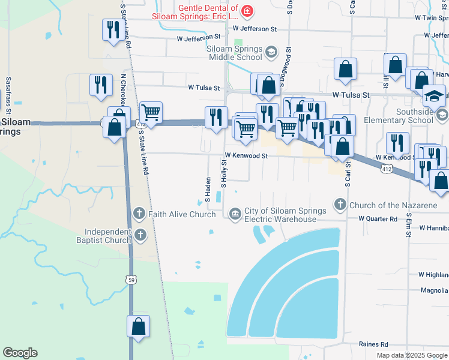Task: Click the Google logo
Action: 20,353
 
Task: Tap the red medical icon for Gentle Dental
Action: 247,11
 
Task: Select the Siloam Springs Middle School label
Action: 235,53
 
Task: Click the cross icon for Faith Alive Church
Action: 139,214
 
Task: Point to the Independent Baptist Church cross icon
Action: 140,235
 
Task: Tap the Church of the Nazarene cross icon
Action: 340,205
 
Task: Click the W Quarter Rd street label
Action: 378,219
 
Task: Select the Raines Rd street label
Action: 373,344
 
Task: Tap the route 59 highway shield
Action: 131,279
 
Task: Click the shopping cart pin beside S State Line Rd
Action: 151,112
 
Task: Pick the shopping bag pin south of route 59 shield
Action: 138,327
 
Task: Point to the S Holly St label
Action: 223,173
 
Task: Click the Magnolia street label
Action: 434,291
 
